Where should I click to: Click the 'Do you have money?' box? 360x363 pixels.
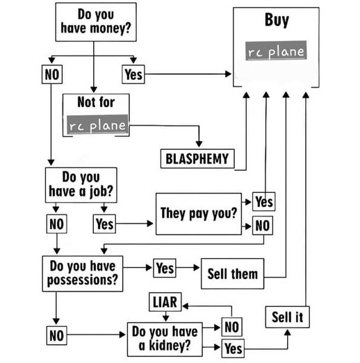[96, 22]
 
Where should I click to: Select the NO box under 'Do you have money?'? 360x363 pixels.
[52, 74]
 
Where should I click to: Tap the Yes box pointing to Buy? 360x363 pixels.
[133, 74]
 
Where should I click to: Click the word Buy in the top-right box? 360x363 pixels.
[277, 20]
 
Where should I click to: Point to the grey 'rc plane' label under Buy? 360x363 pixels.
[276, 51]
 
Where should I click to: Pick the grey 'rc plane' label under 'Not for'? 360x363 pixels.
[97, 124]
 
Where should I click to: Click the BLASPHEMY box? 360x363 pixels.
[197, 159]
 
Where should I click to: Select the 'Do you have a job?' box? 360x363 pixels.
[81, 185]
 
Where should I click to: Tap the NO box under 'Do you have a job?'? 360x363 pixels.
[56, 224]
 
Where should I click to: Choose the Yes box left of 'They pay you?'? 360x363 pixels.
[104, 224]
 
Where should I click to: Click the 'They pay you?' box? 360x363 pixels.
[199, 214]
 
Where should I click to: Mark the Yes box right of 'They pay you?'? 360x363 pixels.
[264, 202]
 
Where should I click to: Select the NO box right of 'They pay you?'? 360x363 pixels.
[263, 226]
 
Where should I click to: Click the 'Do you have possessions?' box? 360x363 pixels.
[83, 273]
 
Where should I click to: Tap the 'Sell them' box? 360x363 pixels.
[233, 273]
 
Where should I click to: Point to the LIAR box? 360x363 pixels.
[165, 302]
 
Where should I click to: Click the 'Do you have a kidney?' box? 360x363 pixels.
[165, 339]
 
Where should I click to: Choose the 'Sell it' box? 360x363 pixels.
[288, 317]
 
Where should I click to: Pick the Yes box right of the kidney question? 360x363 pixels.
[233, 348]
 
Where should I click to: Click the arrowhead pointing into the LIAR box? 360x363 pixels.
[186, 306]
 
